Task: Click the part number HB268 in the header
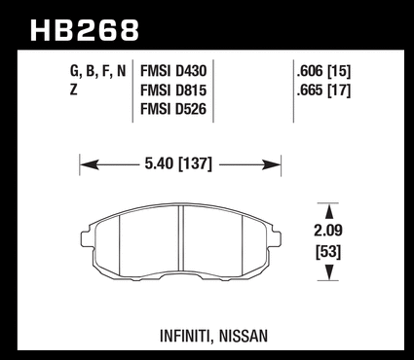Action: click(85, 30)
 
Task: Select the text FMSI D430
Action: click(173, 71)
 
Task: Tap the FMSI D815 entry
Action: click(173, 90)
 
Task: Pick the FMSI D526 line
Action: click(173, 109)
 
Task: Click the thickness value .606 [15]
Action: click(323, 71)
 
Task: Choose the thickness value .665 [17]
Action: click(323, 90)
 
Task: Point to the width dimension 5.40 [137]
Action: click(178, 163)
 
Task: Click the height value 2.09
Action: click(328, 231)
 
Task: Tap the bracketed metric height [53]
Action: click(328, 252)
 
